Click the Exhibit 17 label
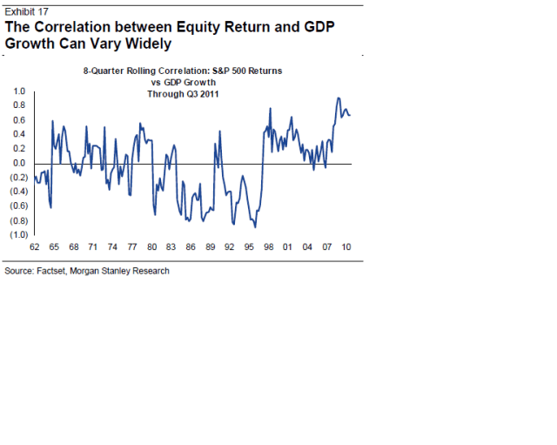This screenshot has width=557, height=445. (x=26, y=10)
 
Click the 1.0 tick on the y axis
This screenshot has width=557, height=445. (x=18, y=91)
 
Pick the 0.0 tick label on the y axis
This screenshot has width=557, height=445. (x=18, y=163)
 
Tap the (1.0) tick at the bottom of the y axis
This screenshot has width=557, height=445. (x=17, y=234)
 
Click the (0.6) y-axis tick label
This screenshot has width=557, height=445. (x=17, y=206)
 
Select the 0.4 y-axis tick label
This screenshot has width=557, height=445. (x=18, y=134)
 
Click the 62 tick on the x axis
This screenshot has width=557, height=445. (x=35, y=246)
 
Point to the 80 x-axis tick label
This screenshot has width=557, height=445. (x=151, y=246)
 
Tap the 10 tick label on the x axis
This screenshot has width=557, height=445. (x=346, y=246)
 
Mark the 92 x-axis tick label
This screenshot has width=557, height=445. (x=229, y=246)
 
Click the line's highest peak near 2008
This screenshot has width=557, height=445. (x=339, y=98)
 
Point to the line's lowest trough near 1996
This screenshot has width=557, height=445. (x=255, y=227)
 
